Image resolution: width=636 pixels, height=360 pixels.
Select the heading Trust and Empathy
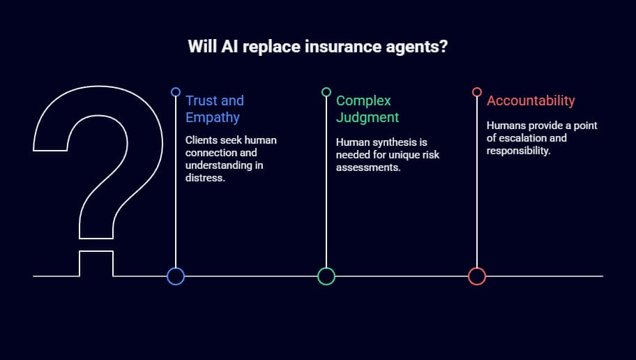pyautogui.click(x=215, y=109)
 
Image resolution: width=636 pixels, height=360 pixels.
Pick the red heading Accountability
pyautogui.click(x=531, y=100)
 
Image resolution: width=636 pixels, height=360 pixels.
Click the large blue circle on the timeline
pyautogui.click(x=176, y=276)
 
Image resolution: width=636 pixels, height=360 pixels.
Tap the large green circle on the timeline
pyautogui.click(x=326, y=276)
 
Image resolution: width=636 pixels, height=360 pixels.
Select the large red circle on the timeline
pyautogui.click(x=477, y=276)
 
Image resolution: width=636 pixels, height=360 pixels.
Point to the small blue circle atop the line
pyautogui.click(x=176, y=92)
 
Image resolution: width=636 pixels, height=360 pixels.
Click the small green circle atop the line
pyautogui.click(x=326, y=92)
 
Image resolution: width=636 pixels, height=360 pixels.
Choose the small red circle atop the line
pyautogui.click(x=477, y=92)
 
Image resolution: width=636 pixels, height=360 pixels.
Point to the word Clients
pyautogui.click(x=201, y=140)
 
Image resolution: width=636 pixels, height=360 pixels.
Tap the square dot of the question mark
pyautogui.click(x=96, y=264)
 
